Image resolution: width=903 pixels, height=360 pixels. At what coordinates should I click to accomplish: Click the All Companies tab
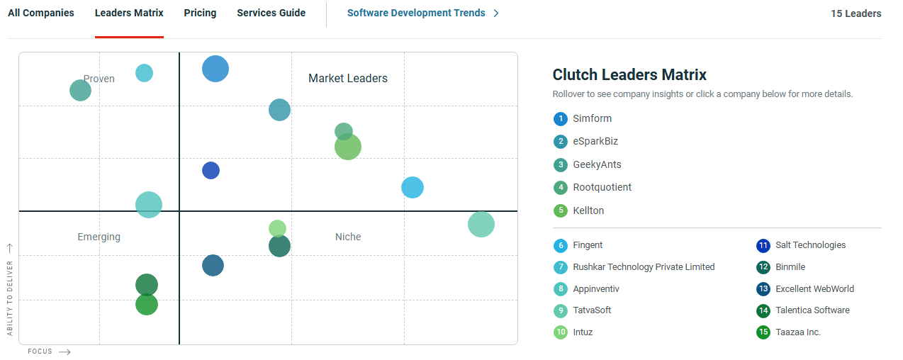coord(41,13)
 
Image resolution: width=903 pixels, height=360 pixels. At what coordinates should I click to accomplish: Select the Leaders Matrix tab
coord(129,13)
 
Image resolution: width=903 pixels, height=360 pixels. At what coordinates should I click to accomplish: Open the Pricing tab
coord(200,13)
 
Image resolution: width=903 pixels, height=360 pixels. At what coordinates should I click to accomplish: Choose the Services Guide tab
coord(271,13)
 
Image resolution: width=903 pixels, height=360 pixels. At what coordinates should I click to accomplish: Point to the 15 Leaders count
coord(856,13)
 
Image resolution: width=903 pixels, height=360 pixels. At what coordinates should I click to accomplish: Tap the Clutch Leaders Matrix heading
coord(629,75)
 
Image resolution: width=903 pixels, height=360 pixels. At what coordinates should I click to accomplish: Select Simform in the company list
coord(592,118)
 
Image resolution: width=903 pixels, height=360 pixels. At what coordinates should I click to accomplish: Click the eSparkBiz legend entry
coord(595,142)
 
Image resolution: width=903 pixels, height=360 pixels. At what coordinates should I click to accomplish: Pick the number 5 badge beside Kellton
coord(561,210)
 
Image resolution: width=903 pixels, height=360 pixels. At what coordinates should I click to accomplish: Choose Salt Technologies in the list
coord(810,245)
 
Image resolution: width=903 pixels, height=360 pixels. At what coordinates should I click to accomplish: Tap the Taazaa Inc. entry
coord(798,332)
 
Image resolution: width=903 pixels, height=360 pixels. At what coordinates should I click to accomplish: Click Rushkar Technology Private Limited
coord(644,267)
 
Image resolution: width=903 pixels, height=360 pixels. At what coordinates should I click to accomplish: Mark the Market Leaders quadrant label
coord(348,79)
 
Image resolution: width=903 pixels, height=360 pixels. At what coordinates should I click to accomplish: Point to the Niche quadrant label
coord(348,237)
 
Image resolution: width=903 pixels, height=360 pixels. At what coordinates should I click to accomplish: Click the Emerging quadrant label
coord(99,237)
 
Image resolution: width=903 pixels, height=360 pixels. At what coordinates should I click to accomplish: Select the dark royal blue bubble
coord(211,170)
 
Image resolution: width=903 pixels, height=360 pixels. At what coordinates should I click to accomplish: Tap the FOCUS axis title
coord(40,351)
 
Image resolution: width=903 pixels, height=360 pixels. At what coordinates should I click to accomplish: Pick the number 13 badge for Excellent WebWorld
coord(763,289)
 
